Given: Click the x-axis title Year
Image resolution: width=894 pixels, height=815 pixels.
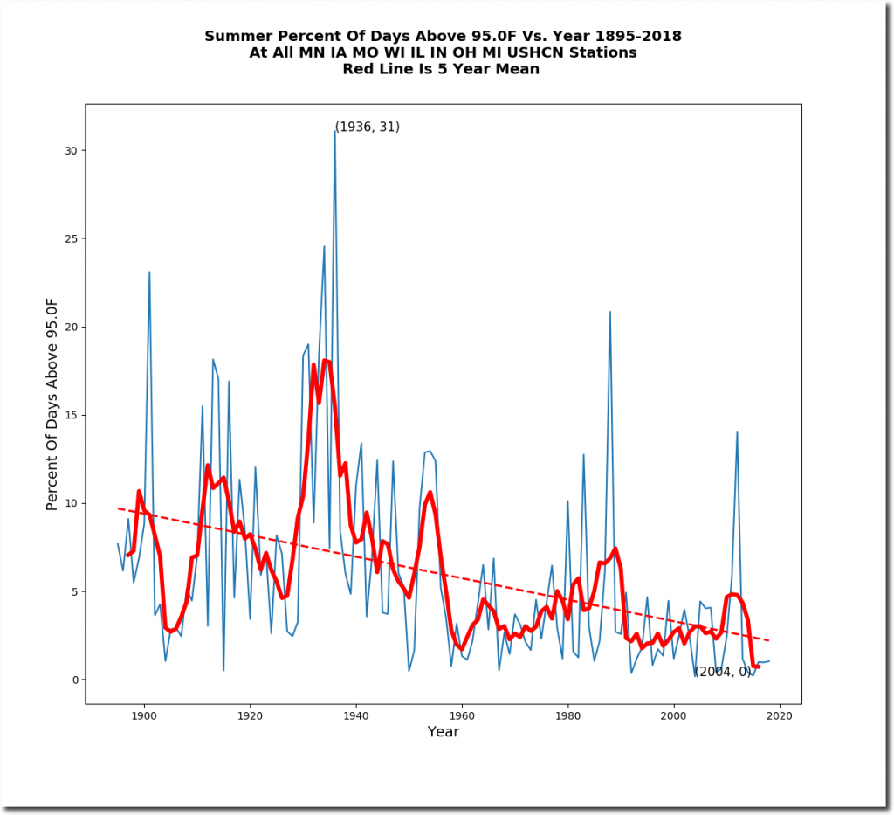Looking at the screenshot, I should (443, 732).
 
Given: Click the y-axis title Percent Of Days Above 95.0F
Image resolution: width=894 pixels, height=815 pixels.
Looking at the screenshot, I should (52, 404).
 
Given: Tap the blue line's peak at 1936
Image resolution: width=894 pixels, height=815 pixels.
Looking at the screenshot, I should (334, 131).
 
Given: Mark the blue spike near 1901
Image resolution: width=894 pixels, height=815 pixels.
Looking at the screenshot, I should (149, 272).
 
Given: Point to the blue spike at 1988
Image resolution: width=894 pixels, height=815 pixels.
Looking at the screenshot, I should (609, 311).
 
